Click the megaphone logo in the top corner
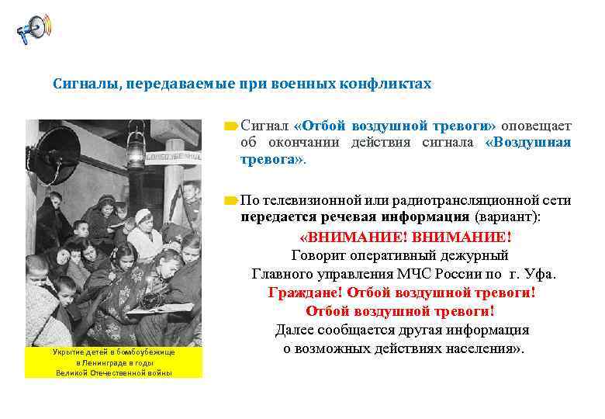(x=33, y=29)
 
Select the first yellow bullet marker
(x=230, y=125)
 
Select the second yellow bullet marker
(x=230, y=200)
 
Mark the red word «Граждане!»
(x=306, y=293)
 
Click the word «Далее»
(x=296, y=331)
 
